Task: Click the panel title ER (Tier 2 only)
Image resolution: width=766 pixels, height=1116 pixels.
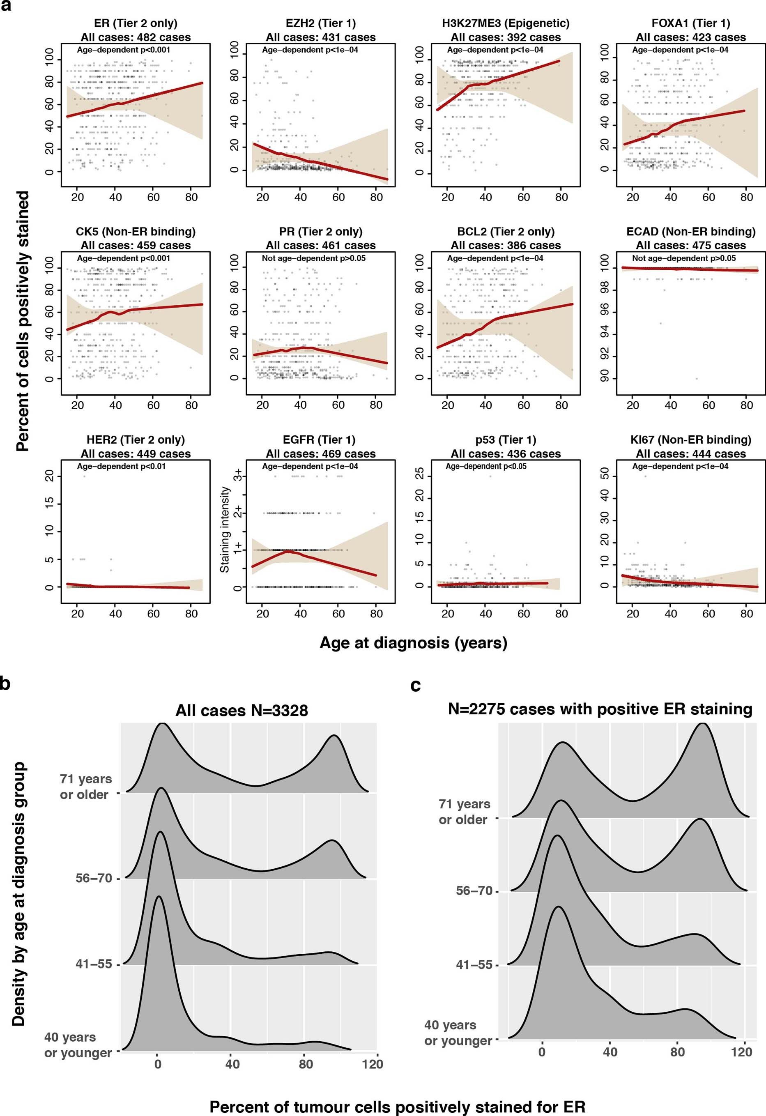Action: click(x=136, y=23)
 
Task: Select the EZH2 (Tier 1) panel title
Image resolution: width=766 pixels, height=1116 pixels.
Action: click(x=320, y=23)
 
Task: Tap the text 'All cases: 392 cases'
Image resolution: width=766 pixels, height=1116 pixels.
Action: click(x=505, y=37)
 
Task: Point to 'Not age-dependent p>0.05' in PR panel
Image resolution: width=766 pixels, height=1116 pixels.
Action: click(x=314, y=258)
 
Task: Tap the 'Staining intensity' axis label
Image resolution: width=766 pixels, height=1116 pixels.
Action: click(x=224, y=529)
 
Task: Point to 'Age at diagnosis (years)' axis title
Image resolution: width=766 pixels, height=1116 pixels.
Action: click(x=413, y=642)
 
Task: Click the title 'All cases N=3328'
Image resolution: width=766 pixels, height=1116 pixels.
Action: click(x=242, y=710)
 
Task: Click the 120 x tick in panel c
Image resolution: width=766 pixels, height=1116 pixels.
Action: click(x=741, y=1052)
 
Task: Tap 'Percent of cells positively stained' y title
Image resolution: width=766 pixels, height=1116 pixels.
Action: click(x=22, y=321)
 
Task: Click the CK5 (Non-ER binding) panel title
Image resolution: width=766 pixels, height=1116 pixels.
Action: click(x=136, y=232)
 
